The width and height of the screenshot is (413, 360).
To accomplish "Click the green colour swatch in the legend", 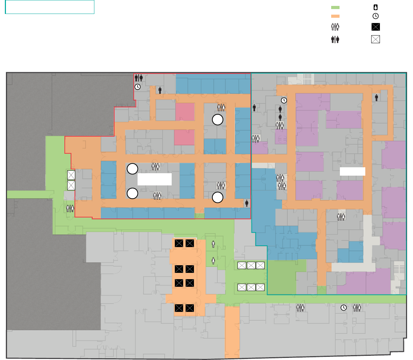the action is (335, 7).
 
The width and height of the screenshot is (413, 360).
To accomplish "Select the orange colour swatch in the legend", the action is (335, 16).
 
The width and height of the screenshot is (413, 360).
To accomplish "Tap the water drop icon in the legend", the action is (375, 7).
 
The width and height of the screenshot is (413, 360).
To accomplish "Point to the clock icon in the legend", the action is (375, 16).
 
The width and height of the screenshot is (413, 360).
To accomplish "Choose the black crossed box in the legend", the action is (375, 27).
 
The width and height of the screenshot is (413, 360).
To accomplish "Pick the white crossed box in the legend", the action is (375, 39).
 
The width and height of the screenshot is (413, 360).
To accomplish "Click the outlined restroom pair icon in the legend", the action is (335, 27).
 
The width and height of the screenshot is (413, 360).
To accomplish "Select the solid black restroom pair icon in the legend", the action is (335, 39).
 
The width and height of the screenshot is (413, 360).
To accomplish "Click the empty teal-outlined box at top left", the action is (50, 7).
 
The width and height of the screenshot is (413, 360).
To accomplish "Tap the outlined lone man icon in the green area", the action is (213, 245).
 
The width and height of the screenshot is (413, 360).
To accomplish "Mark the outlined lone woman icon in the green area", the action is (213, 260).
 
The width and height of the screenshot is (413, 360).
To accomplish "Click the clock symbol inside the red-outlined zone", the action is (138, 87).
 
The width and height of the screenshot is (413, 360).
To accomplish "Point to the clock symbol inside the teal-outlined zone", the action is (284, 100).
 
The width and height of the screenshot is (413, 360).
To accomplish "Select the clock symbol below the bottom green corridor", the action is (344, 308).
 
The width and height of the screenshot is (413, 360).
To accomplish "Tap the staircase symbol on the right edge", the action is (400, 269).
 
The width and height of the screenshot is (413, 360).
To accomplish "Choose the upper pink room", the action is (185, 112).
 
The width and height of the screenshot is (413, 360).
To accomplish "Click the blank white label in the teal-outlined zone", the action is (352, 171).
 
